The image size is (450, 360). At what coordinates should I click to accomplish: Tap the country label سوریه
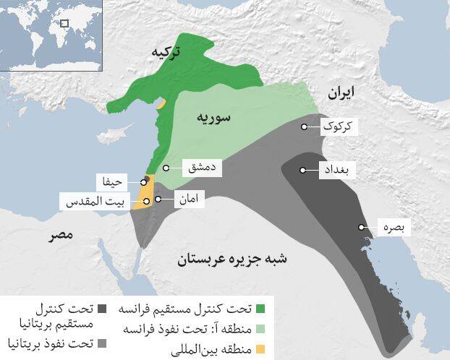[x=213, y=117]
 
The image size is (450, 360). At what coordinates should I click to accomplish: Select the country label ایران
[x=341, y=92]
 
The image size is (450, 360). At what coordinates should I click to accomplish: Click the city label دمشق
[x=198, y=168]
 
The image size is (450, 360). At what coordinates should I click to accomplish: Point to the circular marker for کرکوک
[x=305, y=127]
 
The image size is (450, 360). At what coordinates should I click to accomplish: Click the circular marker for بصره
[x=361, y=228]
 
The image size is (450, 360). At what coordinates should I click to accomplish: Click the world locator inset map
[x=51, y=35]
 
